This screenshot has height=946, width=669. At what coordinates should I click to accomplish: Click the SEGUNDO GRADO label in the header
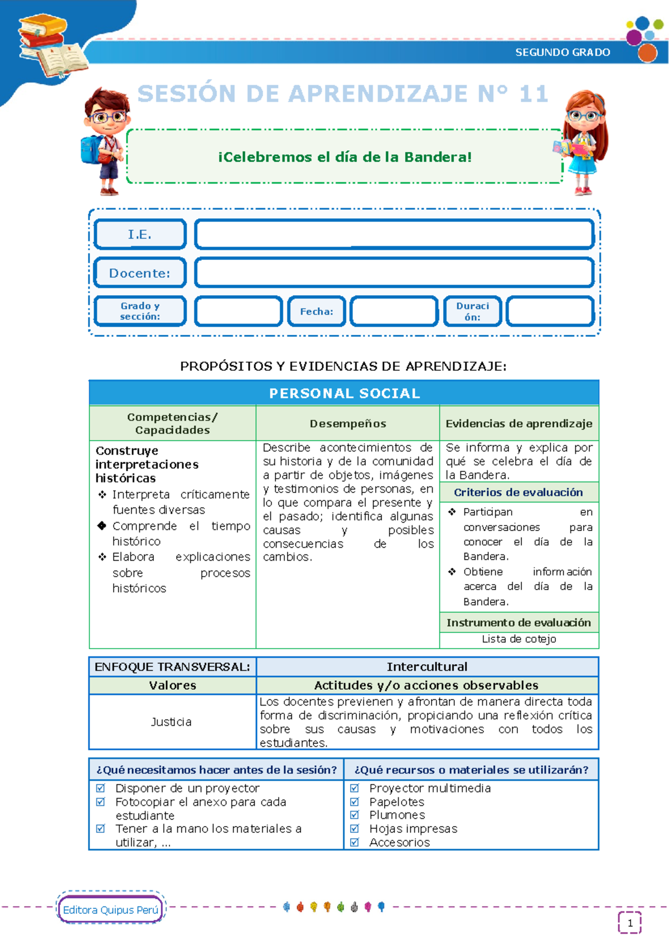click(x=562, y=52)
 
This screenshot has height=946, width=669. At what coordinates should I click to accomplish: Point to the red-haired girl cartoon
click(x=583, y=142)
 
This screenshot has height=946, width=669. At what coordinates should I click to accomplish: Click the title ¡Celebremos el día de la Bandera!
click(x=345, y=157)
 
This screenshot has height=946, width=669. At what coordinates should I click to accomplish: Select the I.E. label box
click(x=140, y=234)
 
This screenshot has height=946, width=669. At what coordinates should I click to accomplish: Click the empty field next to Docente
click(x=394, y=273)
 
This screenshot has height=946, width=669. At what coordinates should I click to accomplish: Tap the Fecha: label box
click(x=316, y=311)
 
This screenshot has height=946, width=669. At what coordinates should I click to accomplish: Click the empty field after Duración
click(x=550, y=311)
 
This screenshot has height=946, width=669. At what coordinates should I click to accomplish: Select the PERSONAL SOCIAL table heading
click(x=344, y=393)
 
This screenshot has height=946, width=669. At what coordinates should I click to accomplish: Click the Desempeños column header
click(x=348, y=423)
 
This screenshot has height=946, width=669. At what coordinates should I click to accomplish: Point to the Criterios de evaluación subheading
click(x=518, y=493)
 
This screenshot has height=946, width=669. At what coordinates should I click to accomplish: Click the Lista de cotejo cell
click(x=518, y=639)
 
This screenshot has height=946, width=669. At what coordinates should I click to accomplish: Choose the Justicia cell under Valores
click(x=172, y=722)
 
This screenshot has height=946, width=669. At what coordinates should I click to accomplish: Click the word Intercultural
click(x=427, y=667)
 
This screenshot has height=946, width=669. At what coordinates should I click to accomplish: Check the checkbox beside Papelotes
click(x=355, y=802)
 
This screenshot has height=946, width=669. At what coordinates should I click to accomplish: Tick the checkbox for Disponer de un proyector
click(x=101, y=788)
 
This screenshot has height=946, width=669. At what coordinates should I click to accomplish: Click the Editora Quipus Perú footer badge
click(x=110, y=910)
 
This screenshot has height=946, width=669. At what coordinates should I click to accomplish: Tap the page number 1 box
click(x=630, y=923)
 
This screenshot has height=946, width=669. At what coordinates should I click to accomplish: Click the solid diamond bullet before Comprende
click(x=102, y=525)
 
